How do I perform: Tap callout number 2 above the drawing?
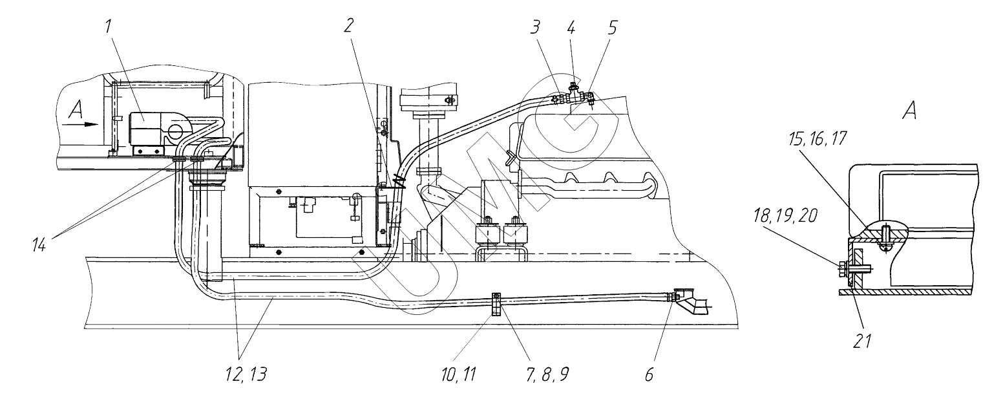coord(349,26)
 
